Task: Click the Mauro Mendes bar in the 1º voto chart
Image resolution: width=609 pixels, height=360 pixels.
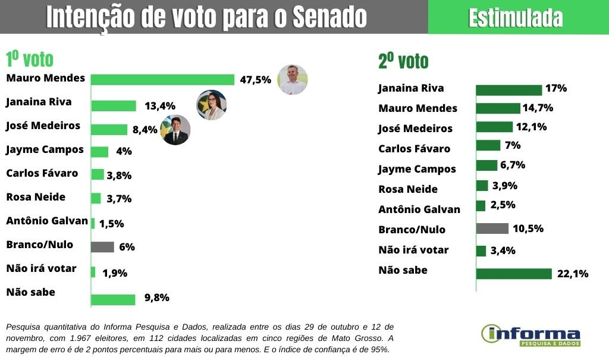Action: pyautogui.click(x=162, y=80)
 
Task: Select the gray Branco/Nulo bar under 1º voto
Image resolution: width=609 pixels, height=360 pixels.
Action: pyautogui.click(x=102, y=247)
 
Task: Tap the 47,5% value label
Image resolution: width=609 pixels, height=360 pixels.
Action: pyautogui.click(x=255, y=80)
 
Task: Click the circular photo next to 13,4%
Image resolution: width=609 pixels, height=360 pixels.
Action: pyautogui.click(x=212, y=105)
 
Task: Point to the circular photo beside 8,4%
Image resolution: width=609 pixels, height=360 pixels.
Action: pyautogui.click(x=175, y=130)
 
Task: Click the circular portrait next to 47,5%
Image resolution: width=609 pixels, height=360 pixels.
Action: pyautogui.click(x=292, y=80)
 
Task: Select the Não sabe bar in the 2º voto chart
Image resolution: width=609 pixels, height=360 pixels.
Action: pyautogui.click(x=514, y=274)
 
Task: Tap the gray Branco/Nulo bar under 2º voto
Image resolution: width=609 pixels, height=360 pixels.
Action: pyautogui.click(x=492, y=228)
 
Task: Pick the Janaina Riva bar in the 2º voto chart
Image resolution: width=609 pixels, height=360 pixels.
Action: pyautogui.click(x=508, y=90)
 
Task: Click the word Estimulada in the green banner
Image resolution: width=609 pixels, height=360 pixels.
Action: pyautogui.click(x=515, y=18)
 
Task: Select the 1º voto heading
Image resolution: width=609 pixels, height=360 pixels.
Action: pyautogui.click(x=29, y=60)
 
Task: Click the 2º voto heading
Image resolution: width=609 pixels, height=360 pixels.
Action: pyautogui.click(x=403, y=61)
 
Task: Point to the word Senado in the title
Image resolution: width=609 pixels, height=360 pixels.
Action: pyautogui.click(x=329, y=18)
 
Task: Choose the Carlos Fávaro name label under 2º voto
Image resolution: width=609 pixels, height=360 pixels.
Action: pyautogui.click(x=415, y=149)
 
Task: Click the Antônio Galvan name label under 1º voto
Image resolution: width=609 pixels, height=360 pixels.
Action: pyautogui.click(x=46, y=221)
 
